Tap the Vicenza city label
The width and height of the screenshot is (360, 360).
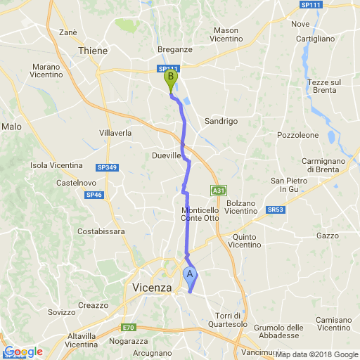152,288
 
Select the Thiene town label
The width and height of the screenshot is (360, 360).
94,51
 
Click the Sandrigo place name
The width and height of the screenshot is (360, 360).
221,121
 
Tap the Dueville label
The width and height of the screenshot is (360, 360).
167,155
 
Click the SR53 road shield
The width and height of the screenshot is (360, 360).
276,210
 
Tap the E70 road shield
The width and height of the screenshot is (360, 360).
127,328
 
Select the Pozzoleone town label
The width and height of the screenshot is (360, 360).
298,134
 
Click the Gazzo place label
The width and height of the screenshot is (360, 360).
328,236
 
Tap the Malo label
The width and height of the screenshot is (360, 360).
12,127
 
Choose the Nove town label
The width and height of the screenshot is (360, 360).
300,24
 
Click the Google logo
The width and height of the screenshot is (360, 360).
23,352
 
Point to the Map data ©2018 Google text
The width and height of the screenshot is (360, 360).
316,354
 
